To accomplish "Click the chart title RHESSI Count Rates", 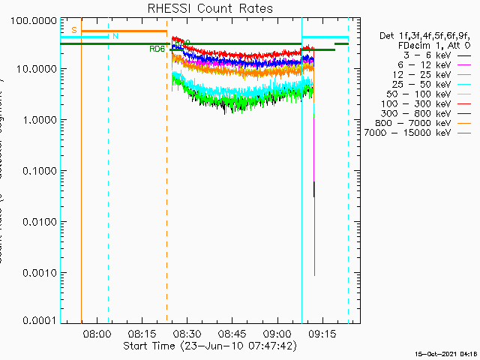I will [210, 9].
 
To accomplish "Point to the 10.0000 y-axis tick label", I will [36, 68].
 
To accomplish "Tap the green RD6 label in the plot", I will [157, 49].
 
